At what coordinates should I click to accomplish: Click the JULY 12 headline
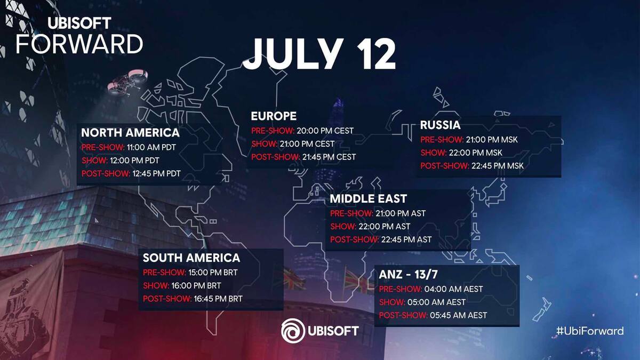pyautogui.click(x=319, y=54)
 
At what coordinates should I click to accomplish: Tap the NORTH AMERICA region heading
pyautogui.click(x=130, y=133)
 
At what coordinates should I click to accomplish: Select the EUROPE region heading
pyautogui.click(x=274, y=116)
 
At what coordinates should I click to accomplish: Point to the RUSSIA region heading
pyautogui.click(x=441, y=125)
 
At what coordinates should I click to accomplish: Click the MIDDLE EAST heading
pyautogui.click(x=369, y=199)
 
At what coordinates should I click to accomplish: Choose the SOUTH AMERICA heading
pyautogui.click(x=191, y=258)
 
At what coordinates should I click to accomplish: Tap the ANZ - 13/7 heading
pyautogui.click(x=409, y=275)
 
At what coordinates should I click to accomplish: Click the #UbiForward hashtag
pyautogui.click(x=590, y=331)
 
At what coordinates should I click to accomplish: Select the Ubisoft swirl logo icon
pyautogui.click(x=293, y=331)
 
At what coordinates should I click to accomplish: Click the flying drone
pyautogui.click(x=127, y=83)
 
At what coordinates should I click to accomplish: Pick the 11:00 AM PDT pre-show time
pyautogui.click(x=151, y=147)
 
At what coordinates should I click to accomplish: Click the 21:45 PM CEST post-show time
pyautogui.click(x=329, y=157)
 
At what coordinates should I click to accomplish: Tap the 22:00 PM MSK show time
pyautogui.click(x=475, y=153)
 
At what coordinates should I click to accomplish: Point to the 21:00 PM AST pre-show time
pyautogui.click(x=401, y=213)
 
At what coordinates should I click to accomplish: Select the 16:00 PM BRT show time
pyautogui.click(x=196, y=286)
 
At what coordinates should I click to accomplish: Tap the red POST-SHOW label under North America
pyautogui.click(x=106, y=174)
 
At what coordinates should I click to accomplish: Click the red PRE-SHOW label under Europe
pyautogui.click(x=273, y=131)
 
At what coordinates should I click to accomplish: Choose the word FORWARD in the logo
pyautogui.click(x=79, y=44)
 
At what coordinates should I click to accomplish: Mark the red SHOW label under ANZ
pyautogui.click(x=392, y=302)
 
